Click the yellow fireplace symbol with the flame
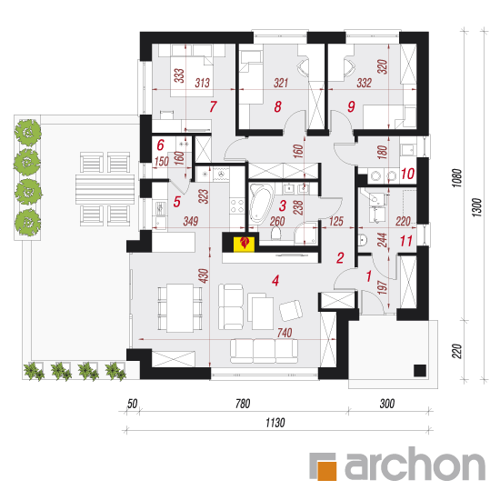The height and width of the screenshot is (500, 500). pos(245,244)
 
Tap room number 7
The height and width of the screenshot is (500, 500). pos(213,106)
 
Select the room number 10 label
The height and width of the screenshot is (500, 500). pos(407,174)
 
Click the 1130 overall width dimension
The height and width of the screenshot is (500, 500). pos(275,423)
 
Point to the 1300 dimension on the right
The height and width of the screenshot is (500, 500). pos(476,207)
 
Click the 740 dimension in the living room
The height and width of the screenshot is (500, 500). pos(285,333)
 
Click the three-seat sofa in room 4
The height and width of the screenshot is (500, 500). pos(264,351)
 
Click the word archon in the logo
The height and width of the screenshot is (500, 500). pos(415,465)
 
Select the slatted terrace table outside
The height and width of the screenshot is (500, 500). pos(105,189)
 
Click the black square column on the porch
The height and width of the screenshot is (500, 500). pos(420,371)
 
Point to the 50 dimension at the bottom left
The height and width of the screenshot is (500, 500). pos(132,404)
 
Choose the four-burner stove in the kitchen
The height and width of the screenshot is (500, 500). pos(237,205)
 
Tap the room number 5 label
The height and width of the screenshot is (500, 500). pos(176,202)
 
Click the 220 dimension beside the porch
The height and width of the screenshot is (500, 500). pos(456,351)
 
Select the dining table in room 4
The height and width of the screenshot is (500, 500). pos(180,308)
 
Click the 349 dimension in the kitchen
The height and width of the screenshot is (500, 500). pos(191,221)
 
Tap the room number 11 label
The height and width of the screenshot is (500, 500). pos(406,241)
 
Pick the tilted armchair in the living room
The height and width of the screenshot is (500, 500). pos(291,310)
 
